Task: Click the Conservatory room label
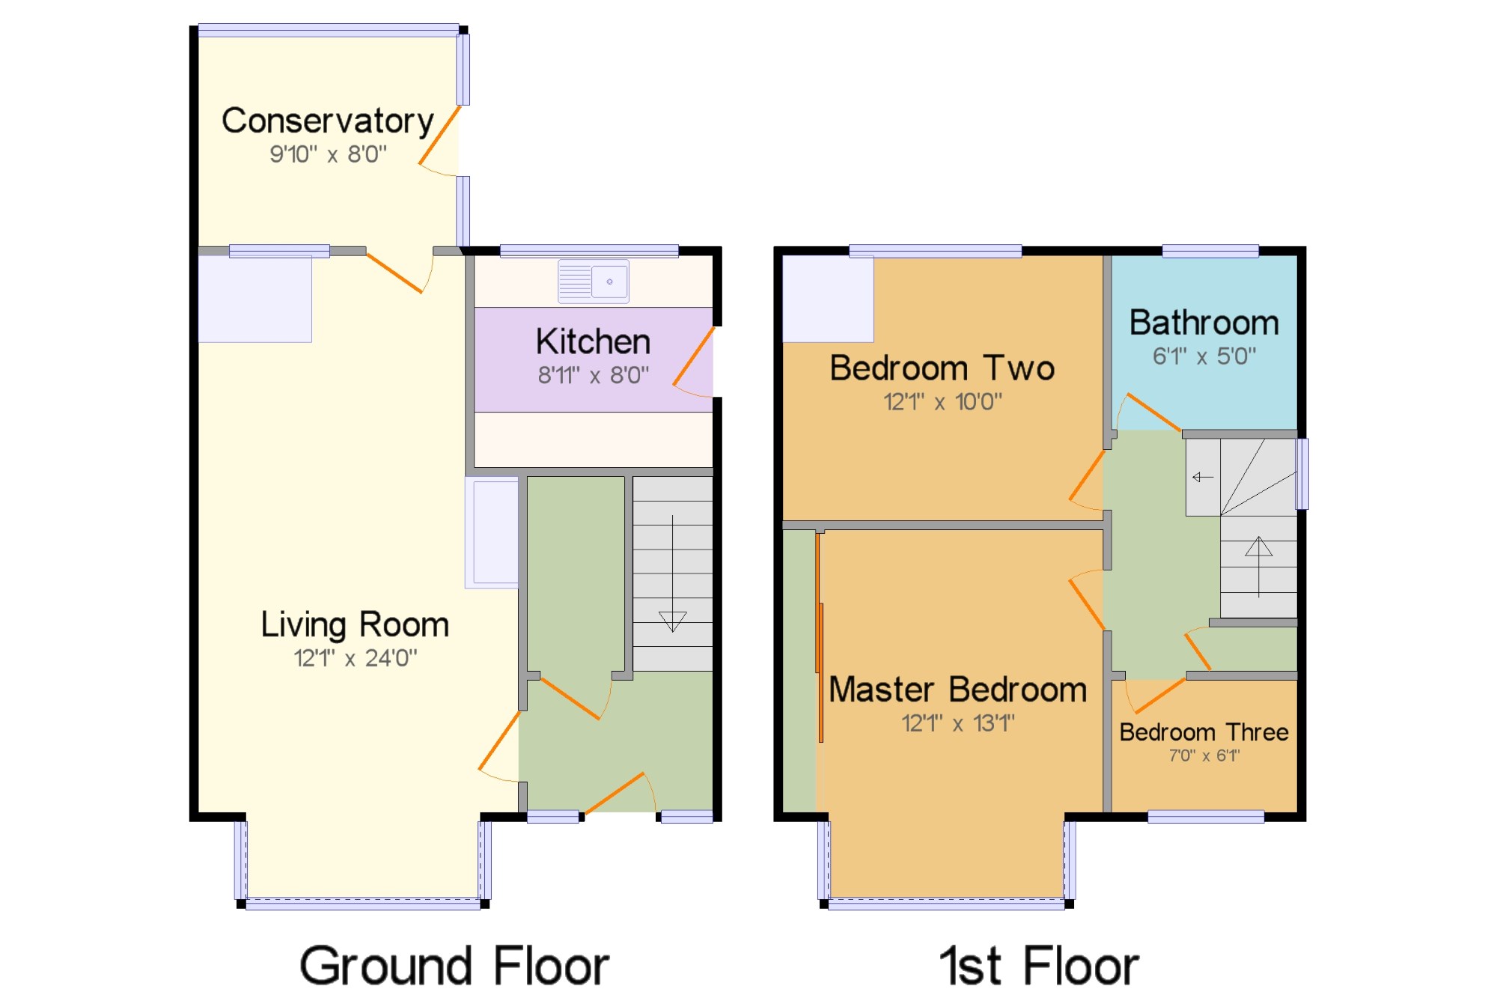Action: [328, 121]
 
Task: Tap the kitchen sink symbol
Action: [594, 282]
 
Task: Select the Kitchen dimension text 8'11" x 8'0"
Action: [594, 375]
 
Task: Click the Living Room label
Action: [355, 625]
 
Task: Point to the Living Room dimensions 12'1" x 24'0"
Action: [356, 659]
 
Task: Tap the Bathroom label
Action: [1204, 323]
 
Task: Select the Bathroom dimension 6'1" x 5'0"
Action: [1204, 356]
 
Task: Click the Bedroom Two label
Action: [942, 368]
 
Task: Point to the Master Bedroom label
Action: [958, 690]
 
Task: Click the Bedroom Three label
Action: [1204, 732]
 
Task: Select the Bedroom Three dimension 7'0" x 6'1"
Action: [1204, 756]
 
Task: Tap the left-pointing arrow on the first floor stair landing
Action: [1203, 477]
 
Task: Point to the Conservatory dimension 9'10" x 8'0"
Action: [329, 154]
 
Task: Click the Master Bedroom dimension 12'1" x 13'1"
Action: [958, 723]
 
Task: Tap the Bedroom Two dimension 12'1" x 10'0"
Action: [942, 402]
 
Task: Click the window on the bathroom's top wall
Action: [1210, 252]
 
